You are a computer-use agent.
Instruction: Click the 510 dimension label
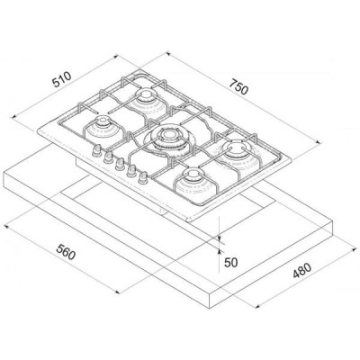[62, 79]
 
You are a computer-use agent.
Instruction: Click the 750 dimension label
[239, 86]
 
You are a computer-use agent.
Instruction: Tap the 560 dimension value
[66, 253]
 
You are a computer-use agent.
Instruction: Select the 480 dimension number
[301, 270]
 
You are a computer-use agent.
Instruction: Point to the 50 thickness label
[230, 263]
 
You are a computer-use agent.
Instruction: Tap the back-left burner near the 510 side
[147, 101]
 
